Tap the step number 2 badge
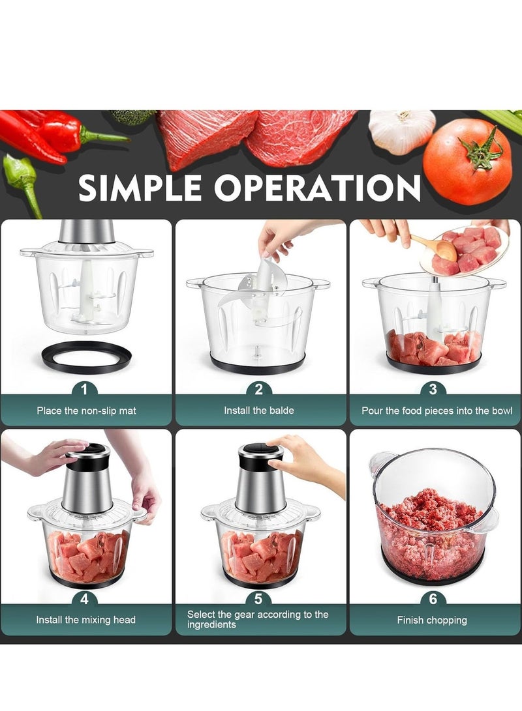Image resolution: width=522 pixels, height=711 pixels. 259,390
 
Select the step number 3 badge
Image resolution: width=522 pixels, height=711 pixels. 433,390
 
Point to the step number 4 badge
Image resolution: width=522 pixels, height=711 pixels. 84,599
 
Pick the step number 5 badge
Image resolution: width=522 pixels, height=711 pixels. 259,599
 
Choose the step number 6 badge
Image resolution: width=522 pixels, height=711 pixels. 433,599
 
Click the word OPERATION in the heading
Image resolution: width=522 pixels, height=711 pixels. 317,188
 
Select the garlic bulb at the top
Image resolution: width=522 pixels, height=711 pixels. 402,130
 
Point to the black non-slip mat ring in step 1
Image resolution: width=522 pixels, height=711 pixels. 87,356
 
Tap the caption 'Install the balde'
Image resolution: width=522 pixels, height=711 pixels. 259,411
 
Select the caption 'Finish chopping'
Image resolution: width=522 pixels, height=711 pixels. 432,620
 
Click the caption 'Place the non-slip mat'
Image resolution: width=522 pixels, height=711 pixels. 86,411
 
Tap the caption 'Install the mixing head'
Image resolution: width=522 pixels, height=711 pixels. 86,620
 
